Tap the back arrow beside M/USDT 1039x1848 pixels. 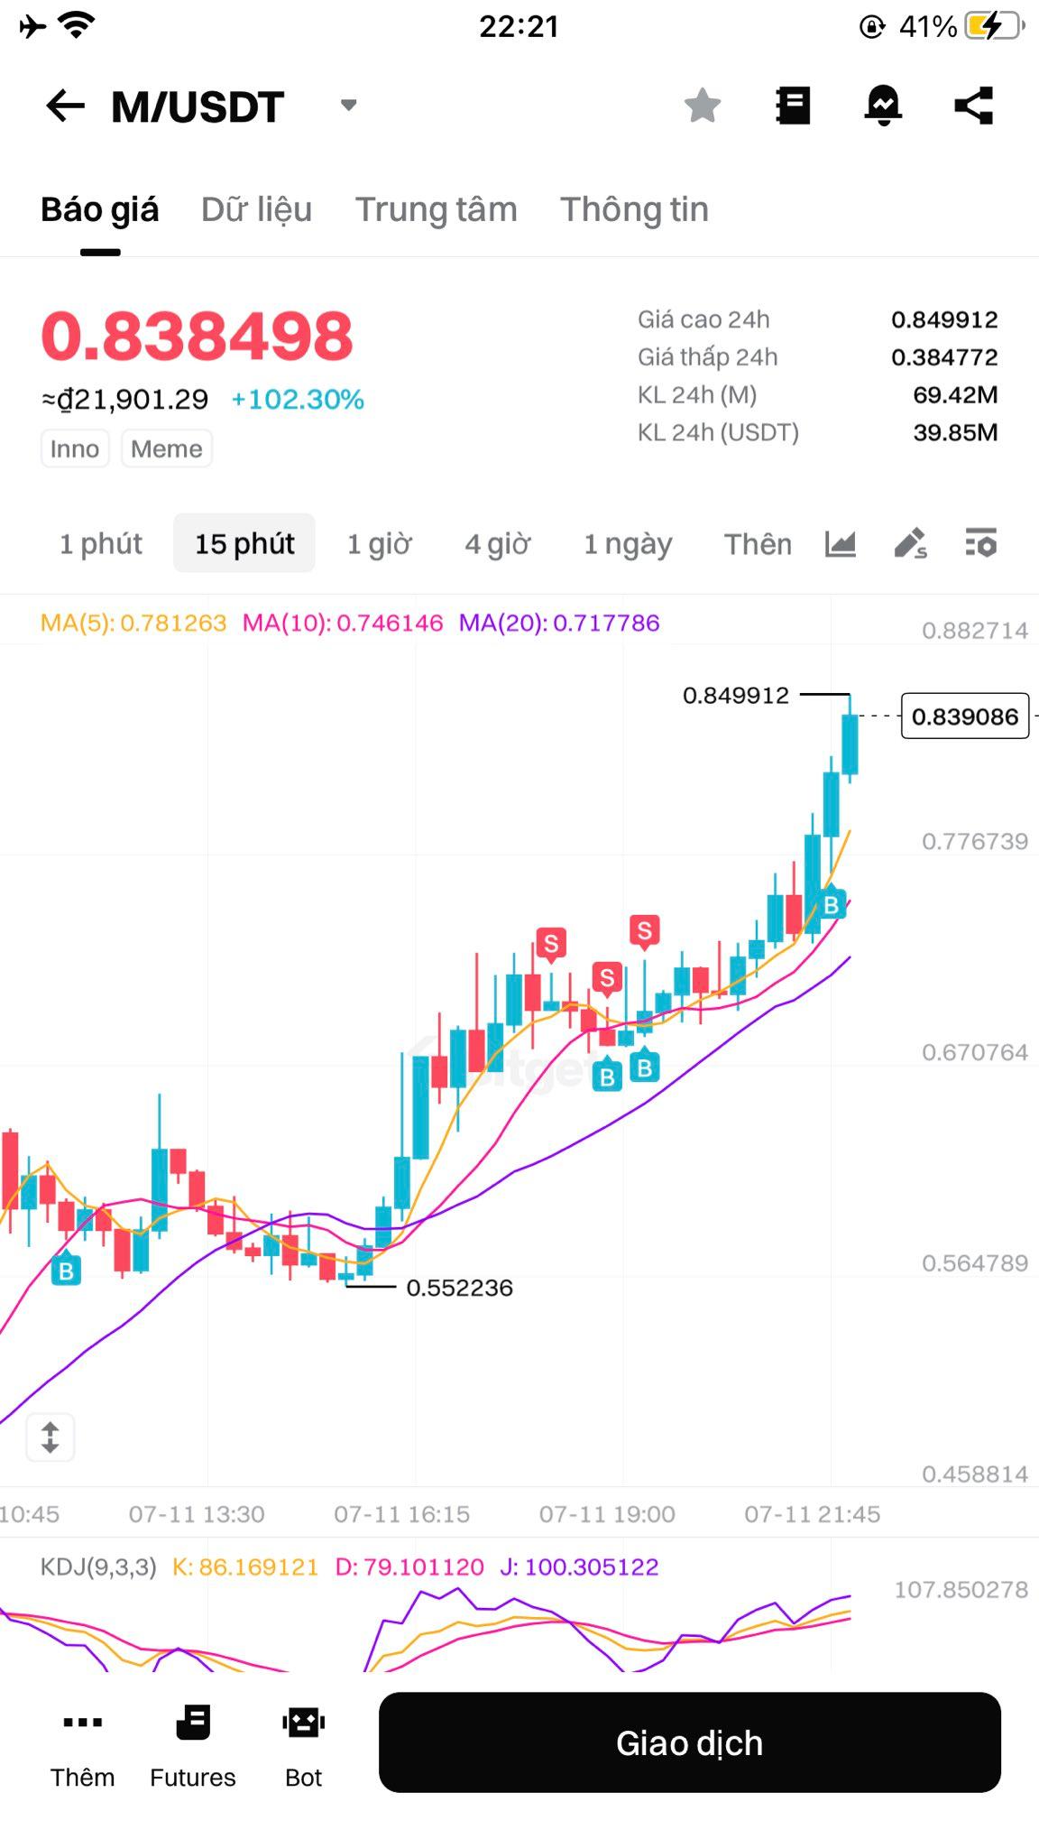pyautogui.click(x=66, y=106)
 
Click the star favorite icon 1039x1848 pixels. pyautogui.click(x=703, y=106)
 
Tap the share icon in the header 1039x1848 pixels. pyautogui.click(x=974, y=106)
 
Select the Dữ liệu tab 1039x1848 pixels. pyautogui.click(x=256, y=209)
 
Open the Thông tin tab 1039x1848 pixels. pyautogui.click(x=634, y=209)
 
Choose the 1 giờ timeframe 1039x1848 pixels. pyautogui.click(x=379, y=544)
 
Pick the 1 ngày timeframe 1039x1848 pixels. pyautogui.click(x=628, y=544)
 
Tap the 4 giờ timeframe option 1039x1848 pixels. pyautogui.click(x=497, y=544)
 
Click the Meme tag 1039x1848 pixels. pyautogui.click(x=167, y=448)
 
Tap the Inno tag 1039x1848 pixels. pyautogui.click(x=75, y=448)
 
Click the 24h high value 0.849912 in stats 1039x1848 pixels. pyautogui.click(x=944, y=319)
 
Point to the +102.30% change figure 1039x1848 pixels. pyautogui.click(x=298, y=399)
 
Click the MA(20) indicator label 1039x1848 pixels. pyautogui.click(x=559, y=623)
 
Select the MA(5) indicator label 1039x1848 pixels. pyautogui.click(x=133, y=623)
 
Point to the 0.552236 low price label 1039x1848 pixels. pyautogui.click(x=459, y=1288)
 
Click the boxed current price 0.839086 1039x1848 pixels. pyautogui.click(x=965, y=716)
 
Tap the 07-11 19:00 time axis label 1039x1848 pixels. pyautogui.click(x=607, y=1514)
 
